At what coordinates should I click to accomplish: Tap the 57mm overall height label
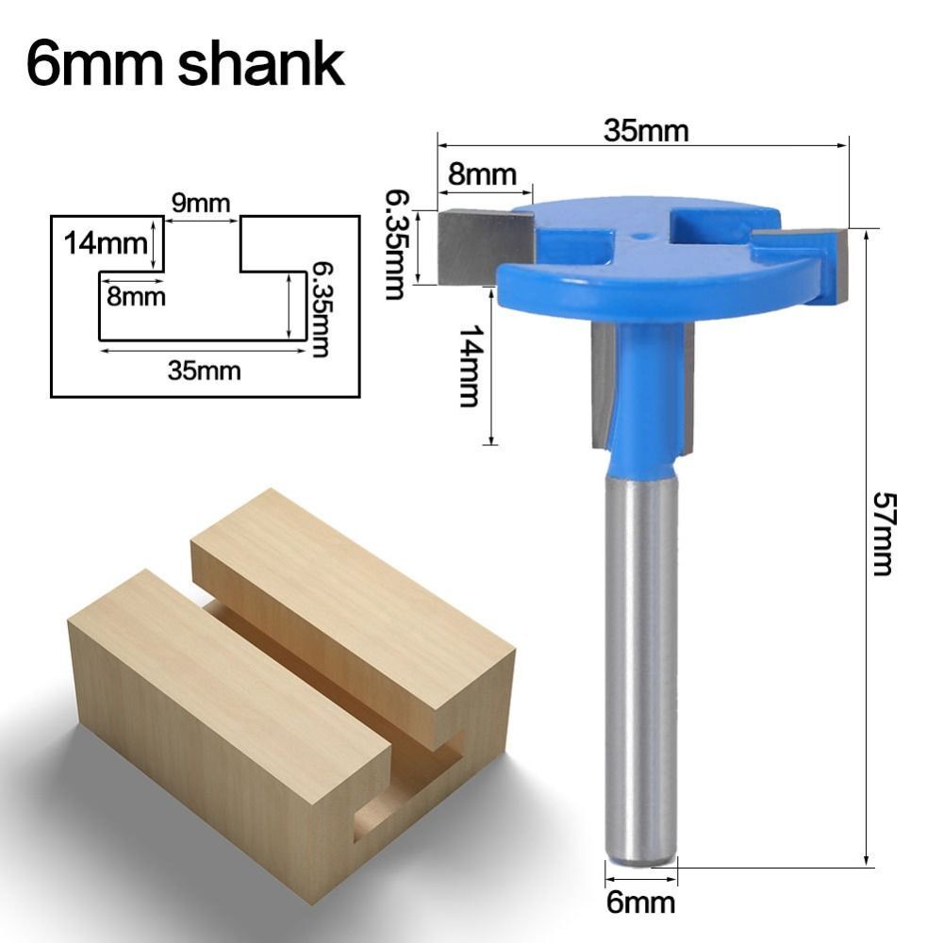[881, 534]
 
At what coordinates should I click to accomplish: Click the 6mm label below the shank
[641, 902]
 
